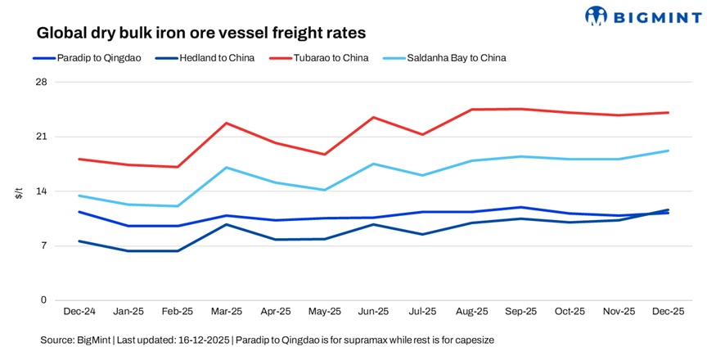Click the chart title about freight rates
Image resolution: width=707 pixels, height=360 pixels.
pos(200,34)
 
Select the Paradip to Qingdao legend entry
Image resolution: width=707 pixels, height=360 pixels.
pos(92,58)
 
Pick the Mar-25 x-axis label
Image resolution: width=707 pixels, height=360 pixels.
pos(226,312)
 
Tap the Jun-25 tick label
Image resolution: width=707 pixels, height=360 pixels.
pos(373,312)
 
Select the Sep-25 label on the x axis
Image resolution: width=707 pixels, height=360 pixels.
pos(520,312)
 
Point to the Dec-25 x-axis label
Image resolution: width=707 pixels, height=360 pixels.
pos(668,312)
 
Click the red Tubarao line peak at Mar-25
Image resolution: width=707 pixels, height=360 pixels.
pos(226,123)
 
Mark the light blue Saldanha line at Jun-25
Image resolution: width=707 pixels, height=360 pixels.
pos(373,164)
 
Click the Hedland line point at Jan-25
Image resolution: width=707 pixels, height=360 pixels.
pos(128,250)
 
